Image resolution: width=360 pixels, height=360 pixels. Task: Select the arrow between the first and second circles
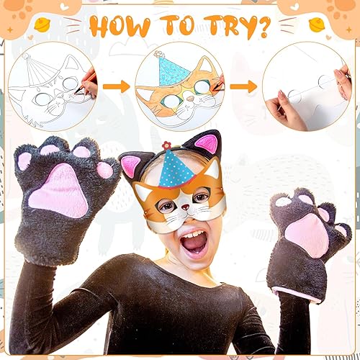click(114, 86)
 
